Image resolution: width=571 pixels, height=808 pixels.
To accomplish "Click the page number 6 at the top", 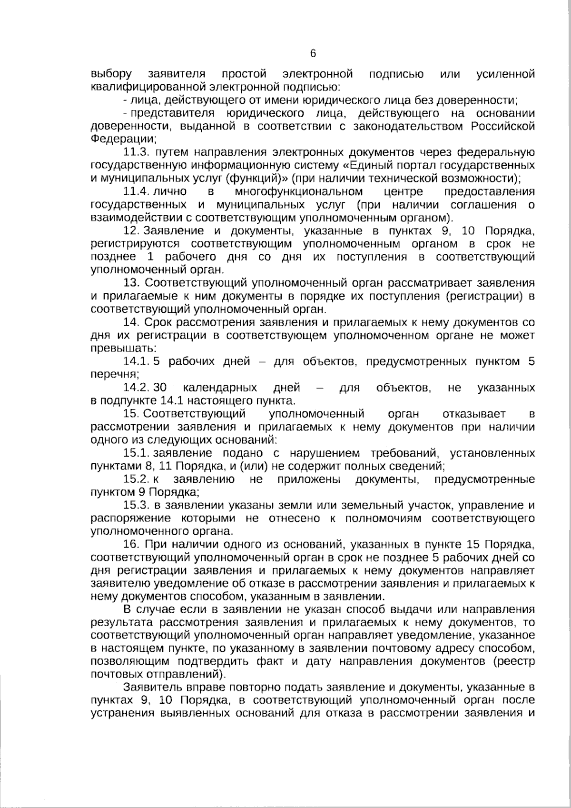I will point(313,53).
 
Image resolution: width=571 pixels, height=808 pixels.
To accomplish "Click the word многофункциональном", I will point(299,191).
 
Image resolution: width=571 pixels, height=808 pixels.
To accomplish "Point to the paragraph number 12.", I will point(131,231).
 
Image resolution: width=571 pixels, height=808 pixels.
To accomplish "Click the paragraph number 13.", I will point(131,283).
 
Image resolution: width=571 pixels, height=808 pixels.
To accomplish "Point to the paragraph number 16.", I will point(131,544).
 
